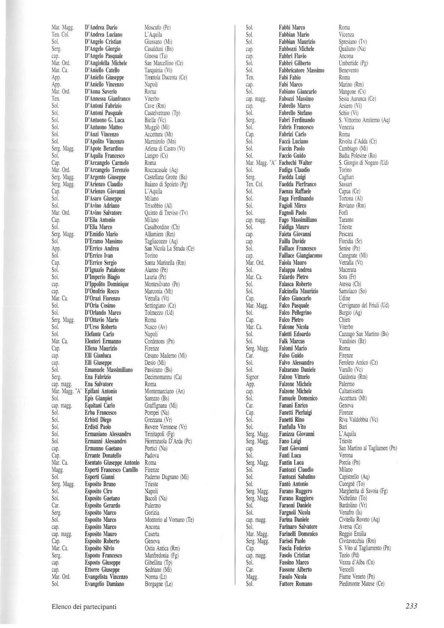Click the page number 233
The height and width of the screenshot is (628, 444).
pos(411,606)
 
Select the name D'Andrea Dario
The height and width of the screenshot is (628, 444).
pos(101,27)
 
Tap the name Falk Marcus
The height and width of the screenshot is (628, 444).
pos(292,341)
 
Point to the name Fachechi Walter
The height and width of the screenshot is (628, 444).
pos(295,163)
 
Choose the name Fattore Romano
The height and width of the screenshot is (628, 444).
pos(295,584)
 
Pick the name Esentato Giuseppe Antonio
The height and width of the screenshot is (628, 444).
pos(112,463)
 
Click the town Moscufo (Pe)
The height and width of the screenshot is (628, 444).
pos(157,27)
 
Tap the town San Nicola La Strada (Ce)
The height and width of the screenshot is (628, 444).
pos(169,248)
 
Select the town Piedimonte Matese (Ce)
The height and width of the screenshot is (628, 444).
pos(361,584)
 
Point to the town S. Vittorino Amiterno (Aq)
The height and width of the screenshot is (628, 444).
pos(364,120)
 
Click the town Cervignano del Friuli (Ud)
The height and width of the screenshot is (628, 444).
pos(364,306)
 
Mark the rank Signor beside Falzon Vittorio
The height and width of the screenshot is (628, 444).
pos(252,377)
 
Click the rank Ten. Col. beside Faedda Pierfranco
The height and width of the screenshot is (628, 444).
pos(255,184)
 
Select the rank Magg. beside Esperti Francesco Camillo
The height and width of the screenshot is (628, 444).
pos(58,470)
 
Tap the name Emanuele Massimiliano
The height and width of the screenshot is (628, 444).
pos(109,370)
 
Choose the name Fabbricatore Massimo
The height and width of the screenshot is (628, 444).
pos(301,70)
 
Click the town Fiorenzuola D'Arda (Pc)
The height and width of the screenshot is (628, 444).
pos(168,441)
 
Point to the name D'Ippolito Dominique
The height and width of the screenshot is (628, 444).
pos(107,284)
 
